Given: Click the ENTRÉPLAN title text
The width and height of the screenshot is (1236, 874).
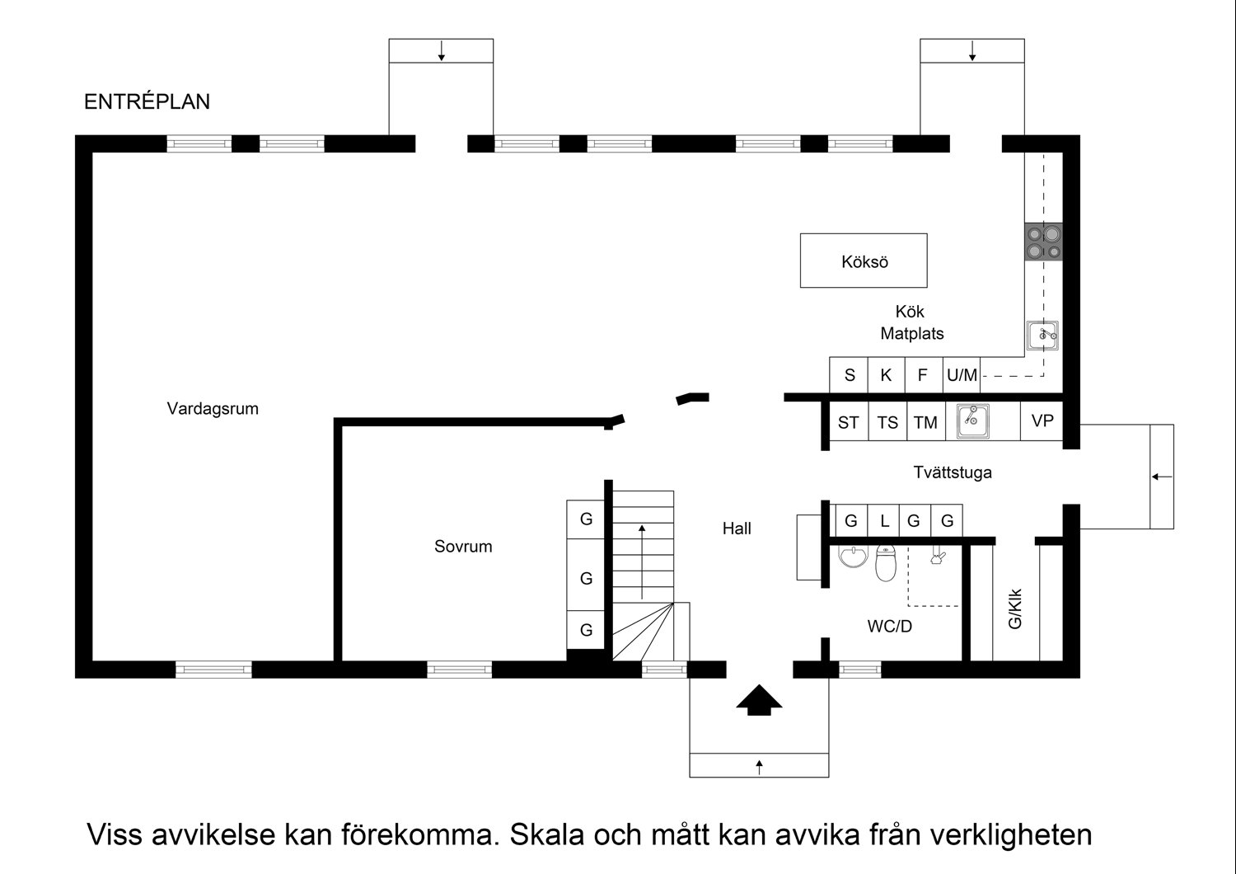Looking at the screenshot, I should point(147,101).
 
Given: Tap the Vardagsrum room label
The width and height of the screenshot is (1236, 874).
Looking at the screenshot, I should point(213,408).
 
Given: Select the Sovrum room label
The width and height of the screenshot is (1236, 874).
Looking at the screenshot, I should point(463,546).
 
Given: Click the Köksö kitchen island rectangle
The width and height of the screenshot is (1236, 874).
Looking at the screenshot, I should point(864,261).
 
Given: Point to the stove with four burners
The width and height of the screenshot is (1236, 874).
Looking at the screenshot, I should point(1042,242).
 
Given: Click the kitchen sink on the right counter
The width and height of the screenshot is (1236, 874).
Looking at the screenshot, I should point(1043,335).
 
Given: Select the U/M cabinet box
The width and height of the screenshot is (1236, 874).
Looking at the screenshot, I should point(962,375).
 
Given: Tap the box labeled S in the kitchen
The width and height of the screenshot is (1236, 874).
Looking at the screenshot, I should point(849,375).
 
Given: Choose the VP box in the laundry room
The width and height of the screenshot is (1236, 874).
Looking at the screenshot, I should point(1042,421).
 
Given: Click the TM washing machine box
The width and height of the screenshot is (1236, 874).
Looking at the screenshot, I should point(925,422).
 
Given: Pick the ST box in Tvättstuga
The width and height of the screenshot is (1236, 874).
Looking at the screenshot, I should point(848,422).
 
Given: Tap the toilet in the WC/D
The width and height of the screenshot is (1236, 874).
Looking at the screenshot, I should point(886,562).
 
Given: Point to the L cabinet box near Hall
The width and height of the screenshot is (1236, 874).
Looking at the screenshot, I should point(884,521).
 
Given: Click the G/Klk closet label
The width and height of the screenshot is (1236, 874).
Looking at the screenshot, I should point(1015,609).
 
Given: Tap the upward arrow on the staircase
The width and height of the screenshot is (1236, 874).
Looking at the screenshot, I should point(642,561).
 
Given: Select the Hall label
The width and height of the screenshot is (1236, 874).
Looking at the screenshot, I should point(737,529).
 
